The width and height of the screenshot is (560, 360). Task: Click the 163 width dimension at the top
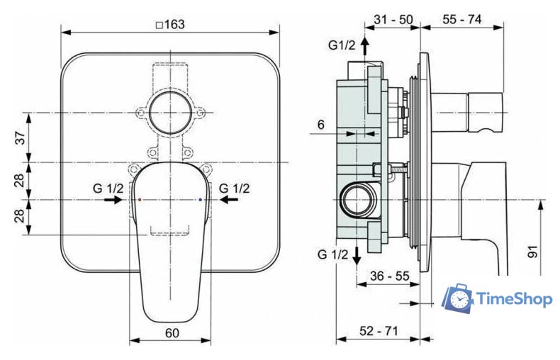point(169,24)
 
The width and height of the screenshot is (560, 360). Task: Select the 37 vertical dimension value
point(22,137)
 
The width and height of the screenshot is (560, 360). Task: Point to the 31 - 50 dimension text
point(392,20)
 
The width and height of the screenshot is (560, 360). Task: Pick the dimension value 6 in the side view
point(320,124)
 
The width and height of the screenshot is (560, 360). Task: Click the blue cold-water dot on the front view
point(201,201)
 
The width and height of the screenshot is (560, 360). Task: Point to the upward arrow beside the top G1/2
point(364,48)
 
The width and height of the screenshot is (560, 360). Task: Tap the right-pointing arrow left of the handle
point(112,201)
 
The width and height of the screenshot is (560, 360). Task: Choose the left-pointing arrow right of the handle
point(228,201)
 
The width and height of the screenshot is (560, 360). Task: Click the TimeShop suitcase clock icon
point(457,299)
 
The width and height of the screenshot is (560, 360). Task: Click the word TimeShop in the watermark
point(514,298)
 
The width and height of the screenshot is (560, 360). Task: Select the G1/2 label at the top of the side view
point(341,46)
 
